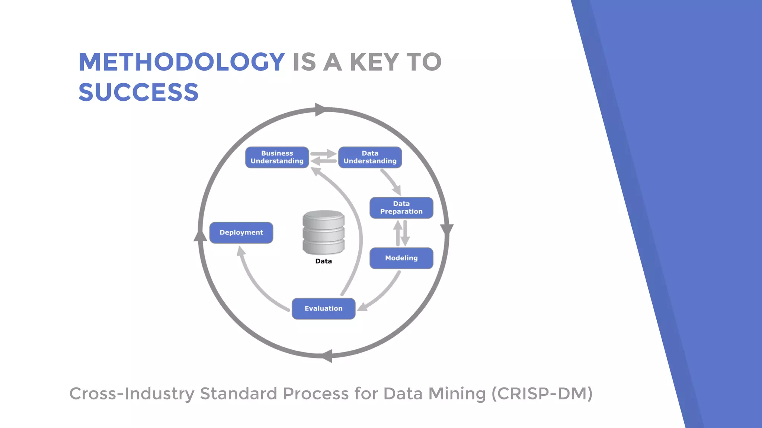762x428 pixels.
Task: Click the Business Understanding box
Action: pyautogui.click(x=277, y=157)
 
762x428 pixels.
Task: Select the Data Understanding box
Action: pyautogui.click(x=370, y=157)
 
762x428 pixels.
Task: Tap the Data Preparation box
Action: pyautogui.click(x=401, y=208)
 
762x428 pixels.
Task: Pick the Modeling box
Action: pyautogui.click(x=401, y=258)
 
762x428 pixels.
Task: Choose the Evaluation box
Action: pyautogui.click(x=323, y=308)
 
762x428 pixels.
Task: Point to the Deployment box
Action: pyautogui.click(x=241, y=233)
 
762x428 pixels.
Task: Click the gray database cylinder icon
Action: pyautogui.click(x=323, y=232)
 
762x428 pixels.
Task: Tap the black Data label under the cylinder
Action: pyautogui.click(x=323, y=261)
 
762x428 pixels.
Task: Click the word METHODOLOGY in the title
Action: pyautogui.click(x=182, y=62)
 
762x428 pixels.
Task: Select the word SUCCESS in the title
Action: pyautogui.click(x=138, y=92)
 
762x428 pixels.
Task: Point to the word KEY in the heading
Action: pyautogui.click(x=374, y=62)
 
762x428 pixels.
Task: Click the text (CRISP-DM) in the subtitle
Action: pyautogui.click(x=542, y=394)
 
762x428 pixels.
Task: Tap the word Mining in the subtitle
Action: pyautogui.click(x=457, y=394)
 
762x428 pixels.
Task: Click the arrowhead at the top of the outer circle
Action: pyautogui.click(x=320, y=110)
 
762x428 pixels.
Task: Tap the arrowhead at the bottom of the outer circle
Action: pyautogui.click(x=327, y=356)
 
